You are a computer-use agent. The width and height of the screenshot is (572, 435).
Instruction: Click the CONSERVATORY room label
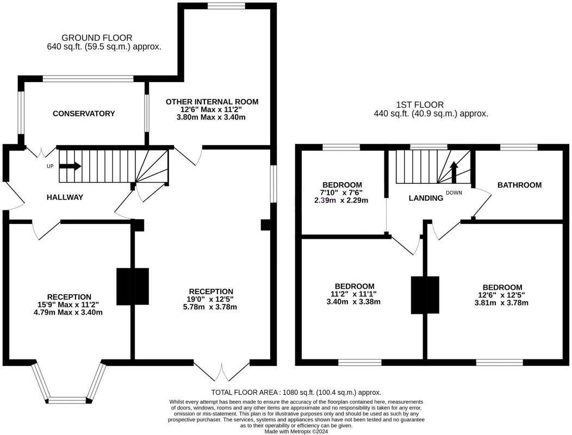coord(84,114)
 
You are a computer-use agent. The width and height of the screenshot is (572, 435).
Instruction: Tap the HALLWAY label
coord(65,197)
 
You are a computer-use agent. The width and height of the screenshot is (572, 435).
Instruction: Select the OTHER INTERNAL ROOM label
coord(212,102)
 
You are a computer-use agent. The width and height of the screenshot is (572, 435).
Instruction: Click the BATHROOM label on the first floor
coord(519,185)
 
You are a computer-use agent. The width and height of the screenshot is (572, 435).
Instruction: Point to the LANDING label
coord(426,198)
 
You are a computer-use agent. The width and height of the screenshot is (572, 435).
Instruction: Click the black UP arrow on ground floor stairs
coord(70,166)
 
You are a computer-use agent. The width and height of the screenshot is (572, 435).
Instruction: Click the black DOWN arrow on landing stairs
coord(455,173)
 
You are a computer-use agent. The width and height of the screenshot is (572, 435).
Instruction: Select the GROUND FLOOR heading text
coord(97,38)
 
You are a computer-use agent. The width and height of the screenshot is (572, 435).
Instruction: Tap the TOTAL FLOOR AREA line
coord(296,392)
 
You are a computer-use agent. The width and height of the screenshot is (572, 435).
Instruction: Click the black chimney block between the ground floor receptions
coord(133,286)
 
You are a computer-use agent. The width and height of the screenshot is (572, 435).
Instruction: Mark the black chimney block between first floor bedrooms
coord(425,295)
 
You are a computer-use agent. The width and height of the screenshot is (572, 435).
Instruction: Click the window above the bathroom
coord(519,147)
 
